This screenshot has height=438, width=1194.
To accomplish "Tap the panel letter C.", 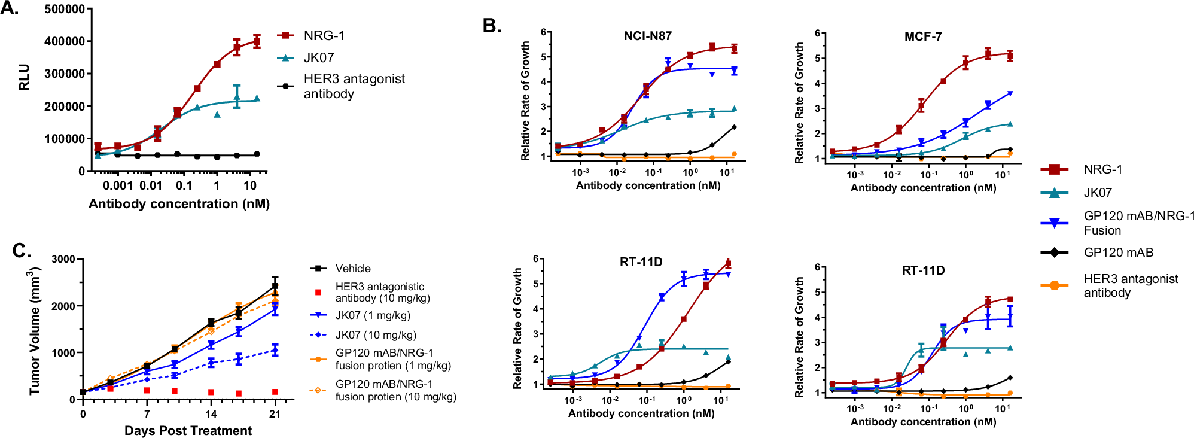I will pos(22,250).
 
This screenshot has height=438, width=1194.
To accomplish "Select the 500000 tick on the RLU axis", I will pos(65,9).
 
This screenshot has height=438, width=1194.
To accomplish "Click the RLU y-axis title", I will pos(25,78).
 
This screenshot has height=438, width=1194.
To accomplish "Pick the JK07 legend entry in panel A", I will pos(318,58).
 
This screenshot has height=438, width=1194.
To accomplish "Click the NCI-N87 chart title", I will pos(647,36).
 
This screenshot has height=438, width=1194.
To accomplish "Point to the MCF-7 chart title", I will pos(922,36).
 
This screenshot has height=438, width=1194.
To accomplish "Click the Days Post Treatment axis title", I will pos(188,430).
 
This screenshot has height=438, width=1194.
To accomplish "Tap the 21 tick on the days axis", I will pos(275,413).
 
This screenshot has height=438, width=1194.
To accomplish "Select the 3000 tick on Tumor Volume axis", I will pos(63,259).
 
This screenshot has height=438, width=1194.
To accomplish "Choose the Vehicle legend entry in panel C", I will pos(352,269).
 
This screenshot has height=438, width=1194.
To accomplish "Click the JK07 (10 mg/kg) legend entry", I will pos(375,335).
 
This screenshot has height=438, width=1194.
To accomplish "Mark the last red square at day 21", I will pos(275,392).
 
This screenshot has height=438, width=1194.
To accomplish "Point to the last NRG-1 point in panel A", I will pos(257,41).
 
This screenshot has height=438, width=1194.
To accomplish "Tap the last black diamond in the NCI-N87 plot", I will pos(734,127).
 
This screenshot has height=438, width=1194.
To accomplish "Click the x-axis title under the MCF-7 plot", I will pos(923,188).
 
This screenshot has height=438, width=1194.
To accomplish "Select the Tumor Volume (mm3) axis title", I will pos(35,331).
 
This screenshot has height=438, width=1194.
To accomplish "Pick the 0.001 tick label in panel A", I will pos(118,185).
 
